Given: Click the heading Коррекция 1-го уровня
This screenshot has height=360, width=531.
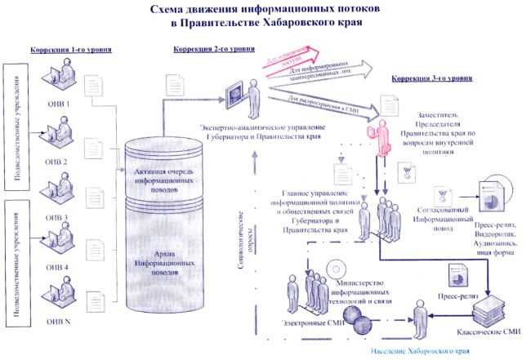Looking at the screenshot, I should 71,50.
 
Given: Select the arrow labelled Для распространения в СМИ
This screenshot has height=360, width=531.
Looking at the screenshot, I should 327,102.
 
